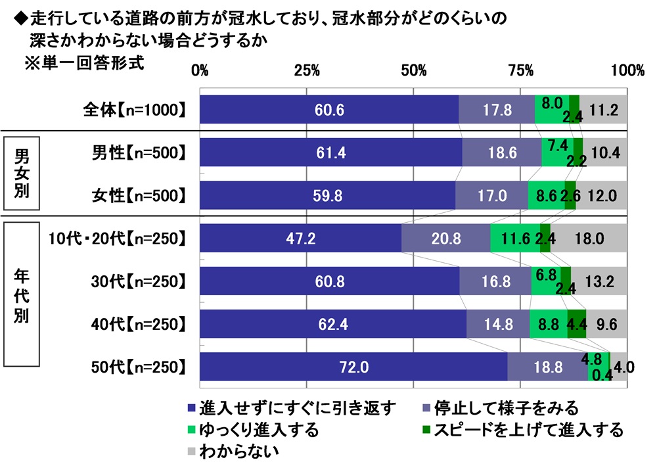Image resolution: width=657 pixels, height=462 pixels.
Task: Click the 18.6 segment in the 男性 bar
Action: click(502, 152)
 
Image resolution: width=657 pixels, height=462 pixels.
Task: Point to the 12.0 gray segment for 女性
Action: click(602, 195)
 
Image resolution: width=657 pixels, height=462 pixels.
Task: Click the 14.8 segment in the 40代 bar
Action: click(498, 324)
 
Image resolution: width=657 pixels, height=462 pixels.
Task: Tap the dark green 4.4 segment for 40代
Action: click(577, 324)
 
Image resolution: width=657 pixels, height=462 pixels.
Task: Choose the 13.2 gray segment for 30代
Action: click(599, 281)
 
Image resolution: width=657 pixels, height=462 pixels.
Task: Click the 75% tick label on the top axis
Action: click(520, 70)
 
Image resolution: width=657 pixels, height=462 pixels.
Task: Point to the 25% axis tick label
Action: click(306, 70)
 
